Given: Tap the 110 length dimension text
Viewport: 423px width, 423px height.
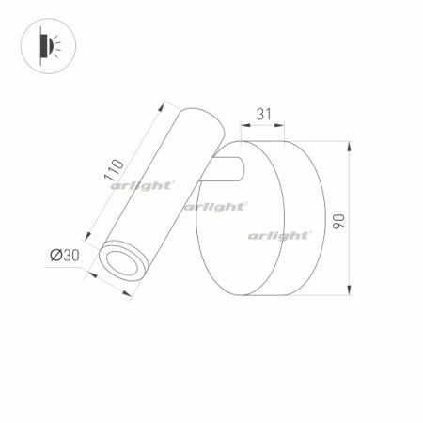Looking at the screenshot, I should point(114,169).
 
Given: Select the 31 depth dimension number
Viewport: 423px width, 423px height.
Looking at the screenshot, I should point(264,114).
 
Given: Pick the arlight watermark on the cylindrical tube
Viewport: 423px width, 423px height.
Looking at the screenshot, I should point(141,186).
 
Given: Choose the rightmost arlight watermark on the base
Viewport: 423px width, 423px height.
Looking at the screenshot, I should point(279,235).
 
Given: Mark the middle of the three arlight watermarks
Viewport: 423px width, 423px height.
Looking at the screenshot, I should point(215,206).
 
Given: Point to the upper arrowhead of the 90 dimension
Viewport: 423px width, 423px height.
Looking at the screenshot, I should point(349,145).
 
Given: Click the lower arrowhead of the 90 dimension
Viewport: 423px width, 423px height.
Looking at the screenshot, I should point(349,289).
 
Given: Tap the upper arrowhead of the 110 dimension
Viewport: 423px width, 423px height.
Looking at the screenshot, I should point(166,105).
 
